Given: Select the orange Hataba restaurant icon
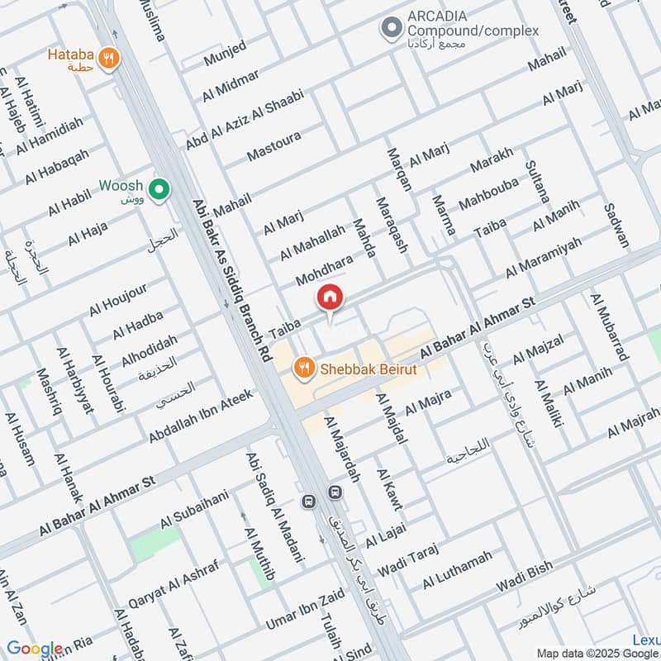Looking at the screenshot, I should click(x=107, y=58).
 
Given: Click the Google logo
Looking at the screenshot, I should click(x=35, y=649).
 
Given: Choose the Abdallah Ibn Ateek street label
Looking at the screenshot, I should click(x=200, y=416).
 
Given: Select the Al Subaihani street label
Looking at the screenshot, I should click(x=193, y=510).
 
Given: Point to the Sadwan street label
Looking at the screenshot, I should click(x=617, y=226).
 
